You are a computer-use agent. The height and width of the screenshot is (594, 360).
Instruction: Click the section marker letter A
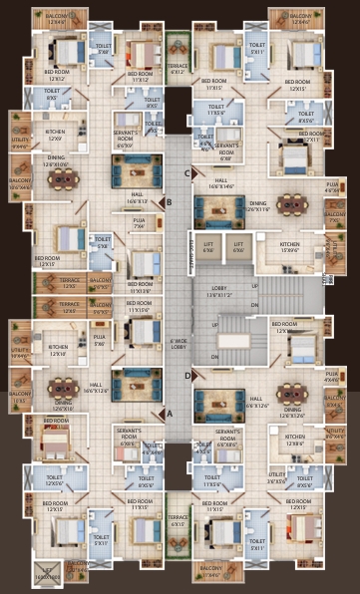point(170,410)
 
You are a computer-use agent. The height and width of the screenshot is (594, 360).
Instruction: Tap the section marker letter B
point(170,201)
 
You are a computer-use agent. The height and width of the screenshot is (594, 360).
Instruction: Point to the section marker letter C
point(187,172)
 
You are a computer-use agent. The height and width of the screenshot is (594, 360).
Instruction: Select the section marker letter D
point(187,376)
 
